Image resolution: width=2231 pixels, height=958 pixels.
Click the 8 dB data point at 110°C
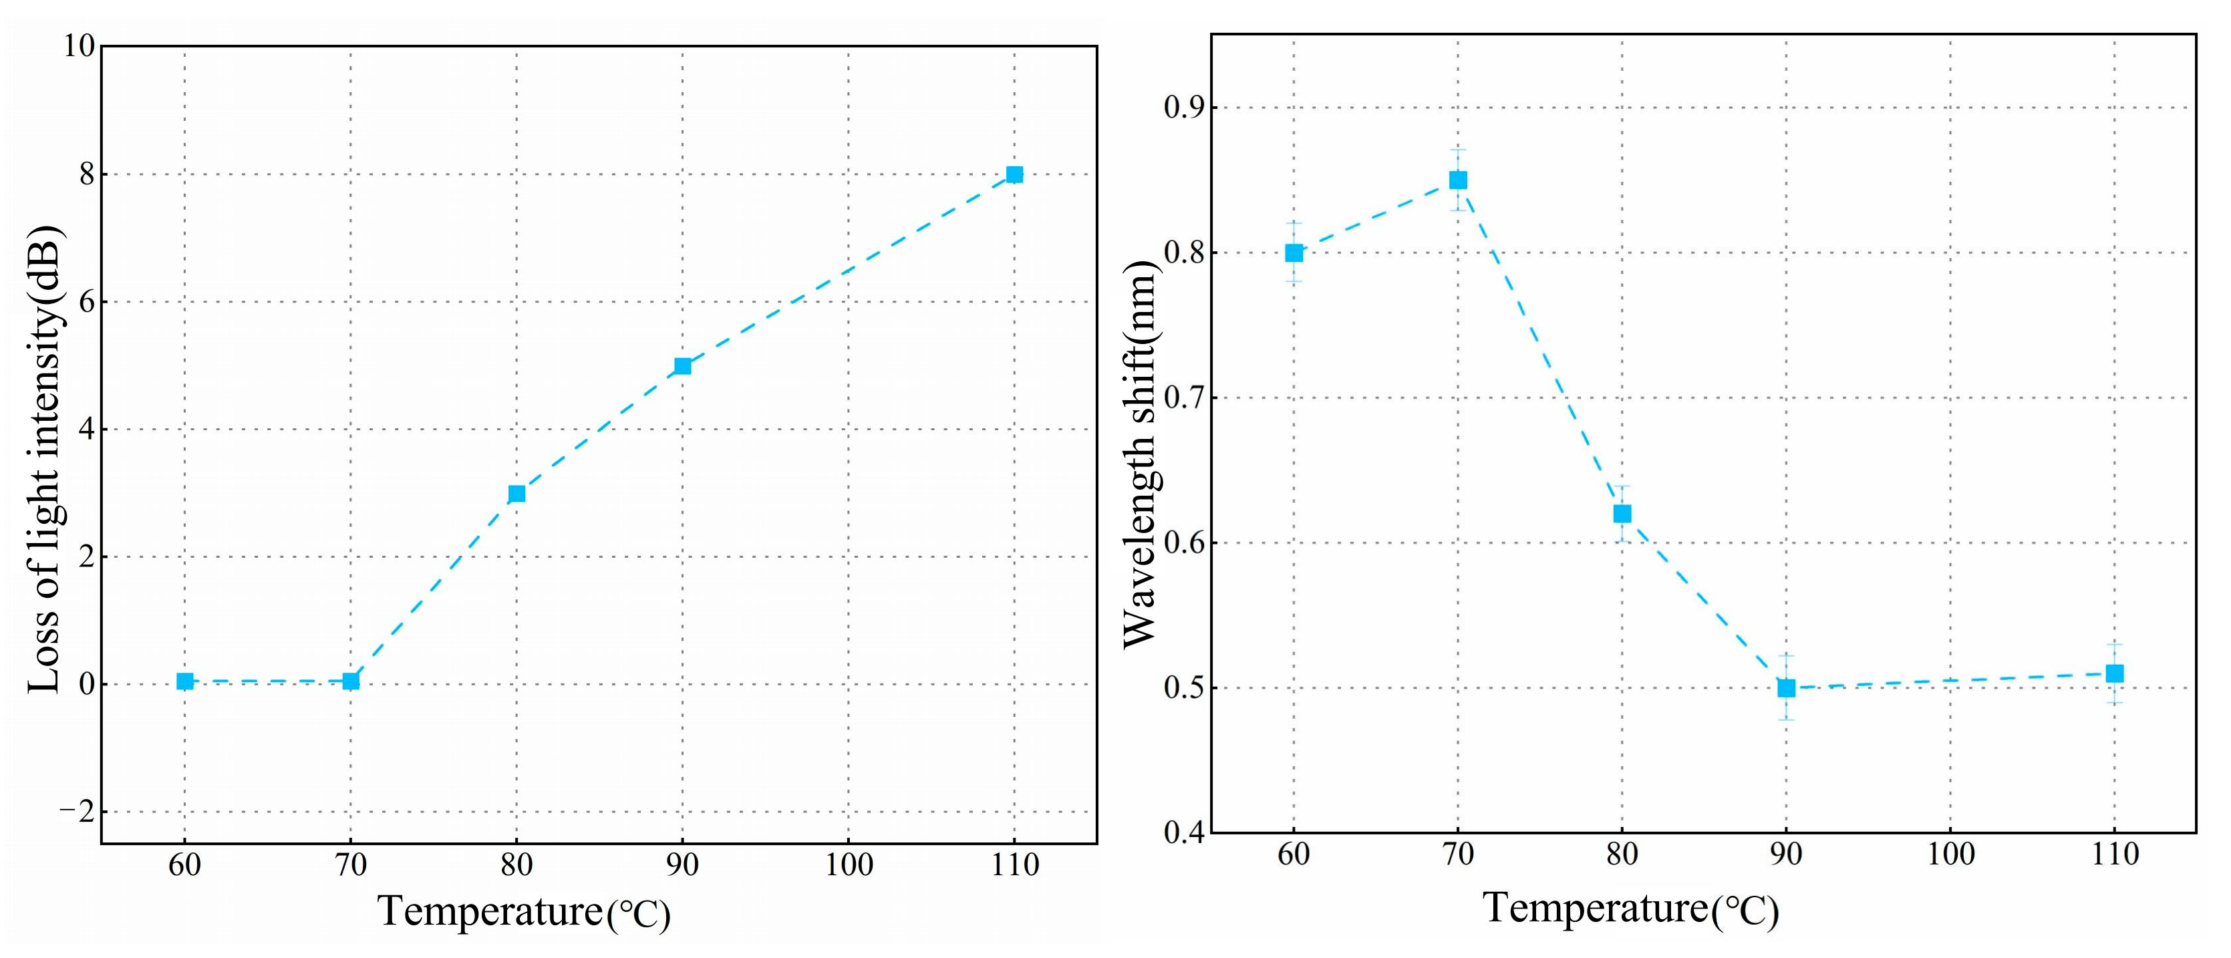point(1014,175)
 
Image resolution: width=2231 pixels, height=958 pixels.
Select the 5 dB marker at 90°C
point(682,366)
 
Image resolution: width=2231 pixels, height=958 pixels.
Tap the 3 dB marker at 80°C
point(517,494)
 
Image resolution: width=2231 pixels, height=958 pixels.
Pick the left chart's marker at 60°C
point(184,681)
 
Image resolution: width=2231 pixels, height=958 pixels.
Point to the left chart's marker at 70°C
point(351,681)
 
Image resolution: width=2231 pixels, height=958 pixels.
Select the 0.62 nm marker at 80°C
point(1622,514)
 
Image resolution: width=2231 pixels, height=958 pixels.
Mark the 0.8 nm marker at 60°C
point(1294,253)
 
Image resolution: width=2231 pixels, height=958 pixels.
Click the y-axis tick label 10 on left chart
point(79,46)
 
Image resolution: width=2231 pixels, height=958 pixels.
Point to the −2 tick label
point(76,812)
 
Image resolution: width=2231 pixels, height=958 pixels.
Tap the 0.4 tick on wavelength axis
point(1185,833)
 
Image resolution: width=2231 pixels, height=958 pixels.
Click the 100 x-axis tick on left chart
point(848,864)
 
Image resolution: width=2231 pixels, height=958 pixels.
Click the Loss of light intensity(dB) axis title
point(44,459)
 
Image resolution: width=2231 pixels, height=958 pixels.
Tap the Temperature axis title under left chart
point(523,912)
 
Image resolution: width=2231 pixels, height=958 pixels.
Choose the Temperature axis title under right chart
point(1631,909)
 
